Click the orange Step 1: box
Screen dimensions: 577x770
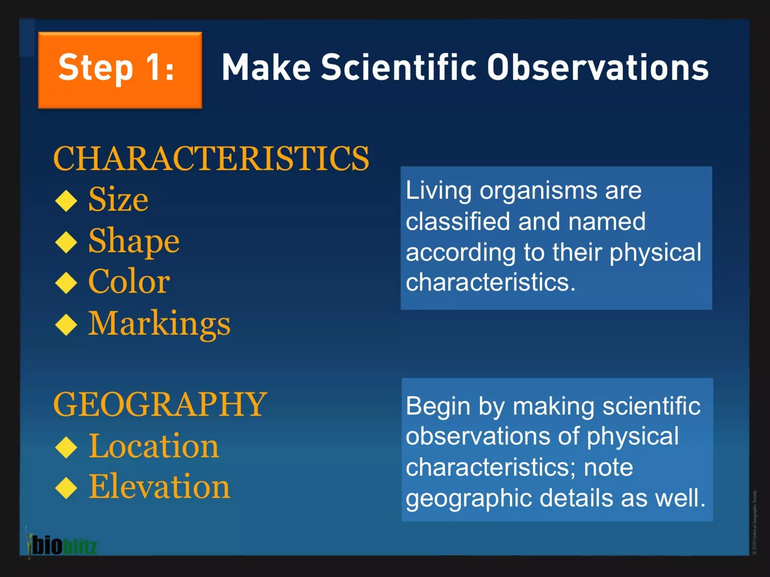point(120,70)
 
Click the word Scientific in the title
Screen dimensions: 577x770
point(399,68)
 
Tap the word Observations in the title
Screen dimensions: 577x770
point(598,68)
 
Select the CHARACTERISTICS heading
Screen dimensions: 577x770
point(211,159)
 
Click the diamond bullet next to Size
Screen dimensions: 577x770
point(66,201)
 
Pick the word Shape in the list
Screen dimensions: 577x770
point(134,241)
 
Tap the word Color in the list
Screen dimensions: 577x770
point(129,282)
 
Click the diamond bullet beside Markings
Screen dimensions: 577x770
point(66,324)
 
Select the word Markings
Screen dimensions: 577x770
point(159,324)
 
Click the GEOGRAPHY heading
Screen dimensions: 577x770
point(160,405)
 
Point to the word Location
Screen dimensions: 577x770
point(154,446)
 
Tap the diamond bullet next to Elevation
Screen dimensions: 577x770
point(66,488)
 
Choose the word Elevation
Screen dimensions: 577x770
point(159,487)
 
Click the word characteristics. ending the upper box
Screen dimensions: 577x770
point(490,282)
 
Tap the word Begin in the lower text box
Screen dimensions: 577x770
point(438,407)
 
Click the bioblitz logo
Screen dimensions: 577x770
point(62,545)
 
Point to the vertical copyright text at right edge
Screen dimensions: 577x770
point(755,522)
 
